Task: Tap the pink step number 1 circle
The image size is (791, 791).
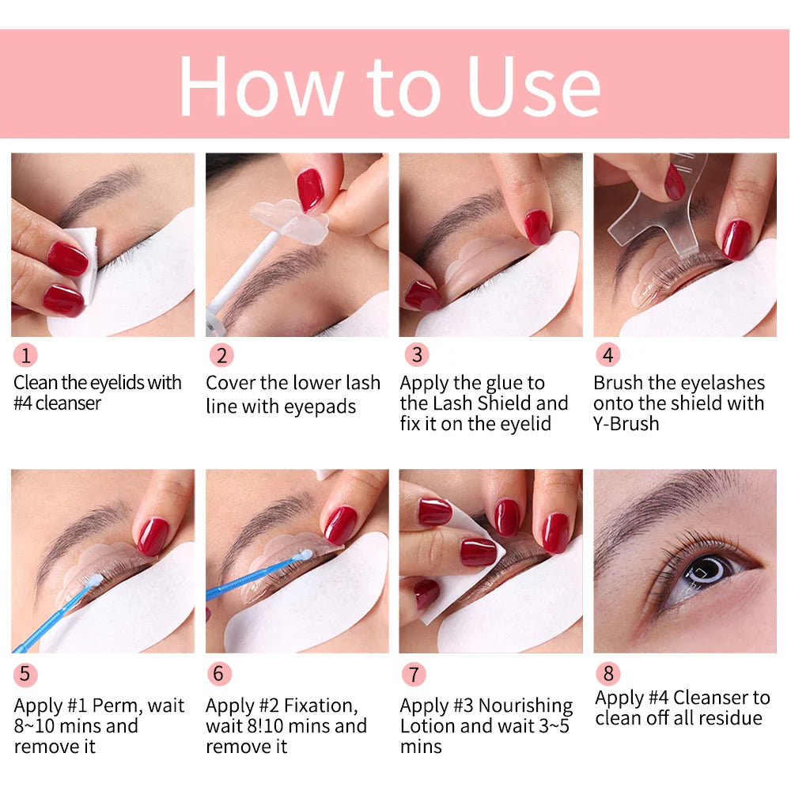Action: tap(25, 355)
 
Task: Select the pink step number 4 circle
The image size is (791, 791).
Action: tap(607, 355)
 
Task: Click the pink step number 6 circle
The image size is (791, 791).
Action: tap(220, 674)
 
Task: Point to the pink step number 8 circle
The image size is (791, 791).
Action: tap(607, 674)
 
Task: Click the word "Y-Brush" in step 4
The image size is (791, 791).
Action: tap(626, 424)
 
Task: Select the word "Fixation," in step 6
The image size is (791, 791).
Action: tap(313, 705)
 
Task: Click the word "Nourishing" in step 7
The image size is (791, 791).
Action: tap(525, 705)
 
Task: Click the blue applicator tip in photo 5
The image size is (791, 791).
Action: tap(93, 578)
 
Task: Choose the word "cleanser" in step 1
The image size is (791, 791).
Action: tap(69, 403)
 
